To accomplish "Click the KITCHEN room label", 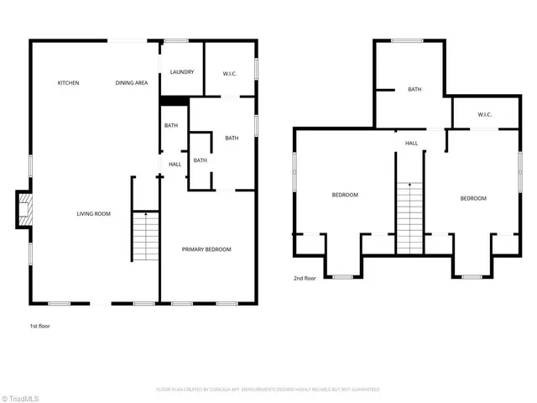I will (x=68, y=83).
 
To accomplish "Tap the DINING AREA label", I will (x=132, y=83).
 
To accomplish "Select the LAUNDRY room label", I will (x=182, y=72).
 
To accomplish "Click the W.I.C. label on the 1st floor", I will (x=230, y=74).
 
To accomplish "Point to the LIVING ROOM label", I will (x=93, y=214).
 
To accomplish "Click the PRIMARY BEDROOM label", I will (x=206, y=249).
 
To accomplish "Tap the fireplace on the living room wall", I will (x=25, y=210).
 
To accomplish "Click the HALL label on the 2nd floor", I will (x=411, y=144).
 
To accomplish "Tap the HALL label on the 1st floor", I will (x=175, y=165).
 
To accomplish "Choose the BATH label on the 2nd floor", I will (x=414, y=90).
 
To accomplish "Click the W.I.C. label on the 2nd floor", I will (x=484, y=114).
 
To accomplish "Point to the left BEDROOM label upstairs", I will (x=344, y=195).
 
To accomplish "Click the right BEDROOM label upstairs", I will (x=472, y=198).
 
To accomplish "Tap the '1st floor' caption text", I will (x=39, y=325).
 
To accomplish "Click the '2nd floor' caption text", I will (x=305, y=278).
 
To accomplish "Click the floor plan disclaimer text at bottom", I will (x=268, y=390).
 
